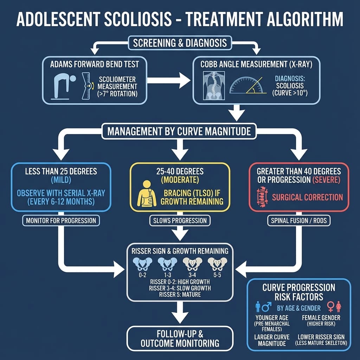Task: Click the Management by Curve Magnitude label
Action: [x=179, y=131]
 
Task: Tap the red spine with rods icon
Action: [x=261, y=196]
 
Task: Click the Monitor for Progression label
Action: [x=61, y=221]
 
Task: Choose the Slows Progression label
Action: [x=180, y=221]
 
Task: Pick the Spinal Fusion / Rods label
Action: [x=299, y=221]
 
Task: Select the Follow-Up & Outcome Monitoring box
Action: [x=180, y=338]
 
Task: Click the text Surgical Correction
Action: [x=307, y=197]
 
